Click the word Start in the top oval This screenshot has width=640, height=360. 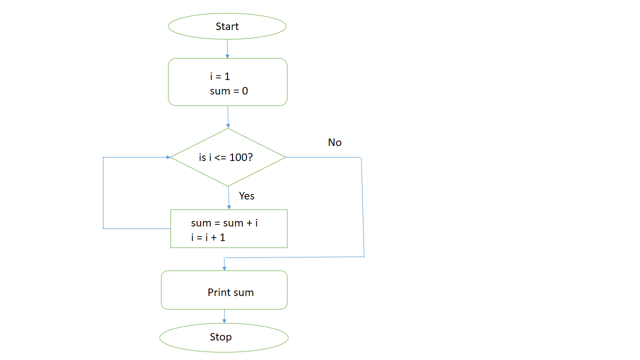click(227, 26)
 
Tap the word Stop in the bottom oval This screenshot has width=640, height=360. click(220, 337)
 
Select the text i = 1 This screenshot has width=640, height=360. click(219, 77)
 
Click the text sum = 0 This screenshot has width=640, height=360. click(228, 91)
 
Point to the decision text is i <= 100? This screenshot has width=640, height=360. click(225, 157)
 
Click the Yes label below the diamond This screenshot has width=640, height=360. click(246, 196)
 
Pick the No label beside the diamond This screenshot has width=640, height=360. click(334, 142)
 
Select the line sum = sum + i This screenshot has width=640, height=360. click(224, 223)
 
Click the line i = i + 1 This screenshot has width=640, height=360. click(208, 237)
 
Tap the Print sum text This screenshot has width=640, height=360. click(230, 292)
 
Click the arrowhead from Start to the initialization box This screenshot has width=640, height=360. click(227, 56)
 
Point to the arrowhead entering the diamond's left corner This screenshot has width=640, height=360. click(168, 157)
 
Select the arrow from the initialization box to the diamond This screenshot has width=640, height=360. click(228, 116)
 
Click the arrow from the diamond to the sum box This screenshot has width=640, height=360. click(228, 197)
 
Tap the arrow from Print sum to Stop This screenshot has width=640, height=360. click(224, 315)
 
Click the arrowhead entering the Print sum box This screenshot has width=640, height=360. click(224, 268)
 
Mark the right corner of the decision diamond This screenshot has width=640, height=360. click(285, 157)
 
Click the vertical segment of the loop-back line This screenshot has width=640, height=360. click(103, 192)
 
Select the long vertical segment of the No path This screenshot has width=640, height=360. click(362, 207)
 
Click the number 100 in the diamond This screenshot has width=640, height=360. click(239, 157)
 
